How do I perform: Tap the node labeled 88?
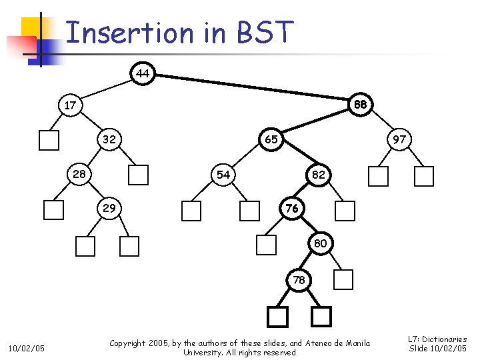[x=361, y=105]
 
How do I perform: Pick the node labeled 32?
[x=109, y=140]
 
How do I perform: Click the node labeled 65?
[x=271, y=140]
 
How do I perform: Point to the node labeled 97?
[x=399, y=140]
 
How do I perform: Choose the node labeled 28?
[x=79, y=174]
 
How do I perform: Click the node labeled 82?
[x=319, y=174]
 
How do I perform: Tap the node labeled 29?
[x=109, y=208]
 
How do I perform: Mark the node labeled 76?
[x=291, y=208]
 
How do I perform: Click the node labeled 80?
[x=320, y=243]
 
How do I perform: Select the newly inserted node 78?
[x=299, y=280]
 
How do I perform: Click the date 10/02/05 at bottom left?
[x=27, y=348]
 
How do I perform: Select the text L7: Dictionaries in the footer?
[x=437, y=339]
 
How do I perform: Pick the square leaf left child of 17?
[x=49, y=140]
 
